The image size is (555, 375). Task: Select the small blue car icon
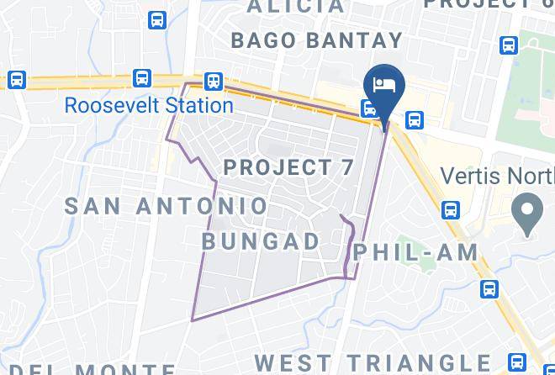click(368, 108)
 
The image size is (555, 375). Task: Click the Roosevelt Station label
click(149, 106)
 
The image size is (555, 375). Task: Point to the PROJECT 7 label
click(288, 166)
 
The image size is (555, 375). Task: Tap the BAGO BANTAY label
click(316, 40)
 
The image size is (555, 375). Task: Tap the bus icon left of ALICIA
click(157, 20)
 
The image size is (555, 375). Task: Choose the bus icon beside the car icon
click(414, 120)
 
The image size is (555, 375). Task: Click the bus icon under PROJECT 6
click(508, 45)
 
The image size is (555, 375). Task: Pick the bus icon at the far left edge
click(16, 80)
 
